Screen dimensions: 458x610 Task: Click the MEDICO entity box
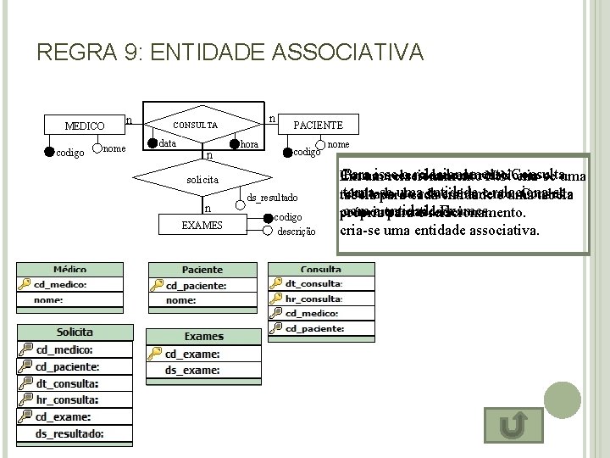click(84, 126)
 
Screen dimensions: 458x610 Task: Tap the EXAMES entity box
click(202, 225)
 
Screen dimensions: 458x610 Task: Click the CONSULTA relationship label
click(195, 126)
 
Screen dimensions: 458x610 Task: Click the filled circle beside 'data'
click(152, 143)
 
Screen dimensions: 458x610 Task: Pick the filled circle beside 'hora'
click(235, 144)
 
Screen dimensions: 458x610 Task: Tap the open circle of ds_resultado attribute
click(241, 197)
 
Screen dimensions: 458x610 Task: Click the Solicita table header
click(75, 332)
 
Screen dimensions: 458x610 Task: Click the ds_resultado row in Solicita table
click(69, 433)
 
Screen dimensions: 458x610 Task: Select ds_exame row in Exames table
click(192, 370)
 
